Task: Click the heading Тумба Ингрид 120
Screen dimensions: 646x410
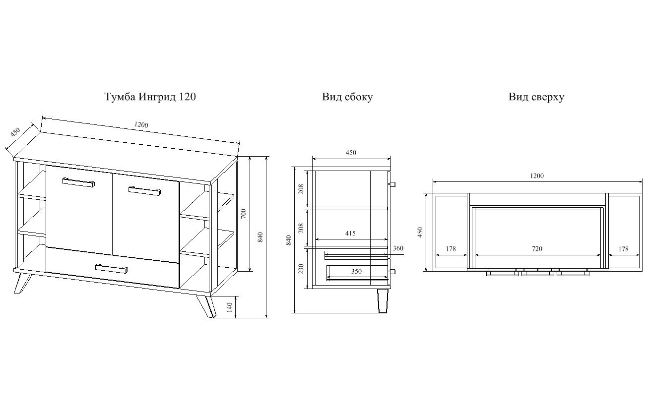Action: pos(150,97)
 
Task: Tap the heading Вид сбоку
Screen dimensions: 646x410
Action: pos(347,97)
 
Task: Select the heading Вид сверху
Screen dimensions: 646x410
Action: pos(536,97)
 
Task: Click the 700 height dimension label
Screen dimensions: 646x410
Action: pos(244,214)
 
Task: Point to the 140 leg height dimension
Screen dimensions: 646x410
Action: pos(230,307)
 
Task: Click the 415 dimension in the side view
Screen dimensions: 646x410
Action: pos(350,234)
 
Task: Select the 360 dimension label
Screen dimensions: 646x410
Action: pos(398,248)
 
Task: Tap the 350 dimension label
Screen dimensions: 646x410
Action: pos(356,271)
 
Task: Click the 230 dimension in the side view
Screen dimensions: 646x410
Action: pos(301,269)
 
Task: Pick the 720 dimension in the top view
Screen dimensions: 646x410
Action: pos(537,249)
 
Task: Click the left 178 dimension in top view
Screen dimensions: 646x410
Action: pos(451,249)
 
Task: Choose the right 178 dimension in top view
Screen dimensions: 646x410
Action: pos(623,249)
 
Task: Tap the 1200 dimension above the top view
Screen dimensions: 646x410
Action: pos(537,176)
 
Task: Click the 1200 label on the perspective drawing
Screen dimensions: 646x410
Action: pos(141,124)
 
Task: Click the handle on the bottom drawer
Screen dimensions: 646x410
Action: pos(112,268)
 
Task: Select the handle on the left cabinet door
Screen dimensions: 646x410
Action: pos(78,182)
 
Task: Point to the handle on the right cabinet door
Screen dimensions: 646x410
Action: pos(145,191)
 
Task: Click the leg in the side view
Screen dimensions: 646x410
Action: pos(383,301)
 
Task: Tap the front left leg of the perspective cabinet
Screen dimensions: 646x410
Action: pos(22,284)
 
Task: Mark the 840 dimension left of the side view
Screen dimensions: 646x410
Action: pos(288,240)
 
